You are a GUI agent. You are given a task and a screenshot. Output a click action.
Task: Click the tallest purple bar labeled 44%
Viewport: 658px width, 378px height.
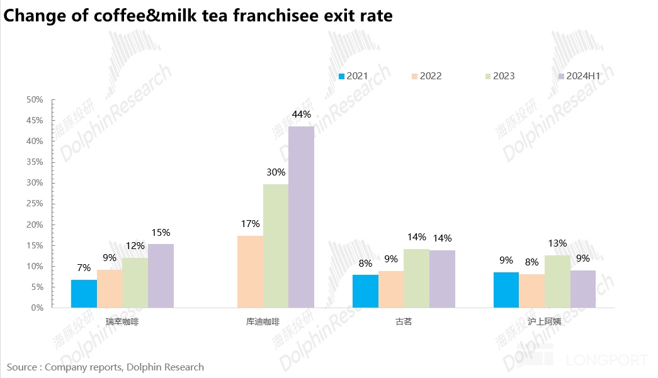pyautogui.click(x=301, y=217)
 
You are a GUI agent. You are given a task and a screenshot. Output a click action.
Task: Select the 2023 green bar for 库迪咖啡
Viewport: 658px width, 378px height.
pyautogui.click(x=276, y=245)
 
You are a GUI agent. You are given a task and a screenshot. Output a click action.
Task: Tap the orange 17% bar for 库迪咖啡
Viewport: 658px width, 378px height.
pyautogui.click(x=250, y=272)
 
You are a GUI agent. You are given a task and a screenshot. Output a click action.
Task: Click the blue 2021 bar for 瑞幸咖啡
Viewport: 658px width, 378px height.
pyautogui.click(x=84, y=294)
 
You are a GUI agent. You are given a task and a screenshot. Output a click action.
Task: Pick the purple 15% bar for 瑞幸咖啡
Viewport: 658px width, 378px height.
pyautogui.click(x=161, y=276)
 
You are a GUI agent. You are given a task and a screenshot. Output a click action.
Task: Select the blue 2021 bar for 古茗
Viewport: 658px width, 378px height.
pyautogui.click(x=365, y=291)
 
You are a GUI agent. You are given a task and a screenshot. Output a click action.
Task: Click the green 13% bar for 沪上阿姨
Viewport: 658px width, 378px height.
pyautogui.click(x=557, y=281)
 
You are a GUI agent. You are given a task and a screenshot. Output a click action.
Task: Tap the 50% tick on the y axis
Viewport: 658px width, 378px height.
pyautogui.click(x=34, y=100)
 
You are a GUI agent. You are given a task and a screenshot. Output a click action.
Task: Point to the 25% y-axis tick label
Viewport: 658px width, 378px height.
pyautogui.click(x=34, y=204)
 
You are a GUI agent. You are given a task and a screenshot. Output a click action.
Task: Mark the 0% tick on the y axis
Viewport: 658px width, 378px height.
pyautogui.click(x=37, y=308)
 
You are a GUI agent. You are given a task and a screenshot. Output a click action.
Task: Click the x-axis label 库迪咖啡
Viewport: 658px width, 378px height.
pyautogui.click(x=263, y=321)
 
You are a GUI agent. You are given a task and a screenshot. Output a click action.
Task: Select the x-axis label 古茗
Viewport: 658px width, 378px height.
pyautogui.click(x=404, y=321)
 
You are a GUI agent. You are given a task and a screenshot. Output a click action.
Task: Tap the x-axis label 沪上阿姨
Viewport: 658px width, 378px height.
pyautogui.click(x=544, y=321)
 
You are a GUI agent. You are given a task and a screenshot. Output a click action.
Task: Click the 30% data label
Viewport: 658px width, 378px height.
pyautogui.click(x=276, y=172)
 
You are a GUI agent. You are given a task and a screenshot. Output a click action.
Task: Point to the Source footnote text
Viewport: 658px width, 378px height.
pyautogui.click(x=106, y=367)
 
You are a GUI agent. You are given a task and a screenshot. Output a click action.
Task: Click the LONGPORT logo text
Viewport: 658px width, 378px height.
pyautogui.click(x=607, y=360)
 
